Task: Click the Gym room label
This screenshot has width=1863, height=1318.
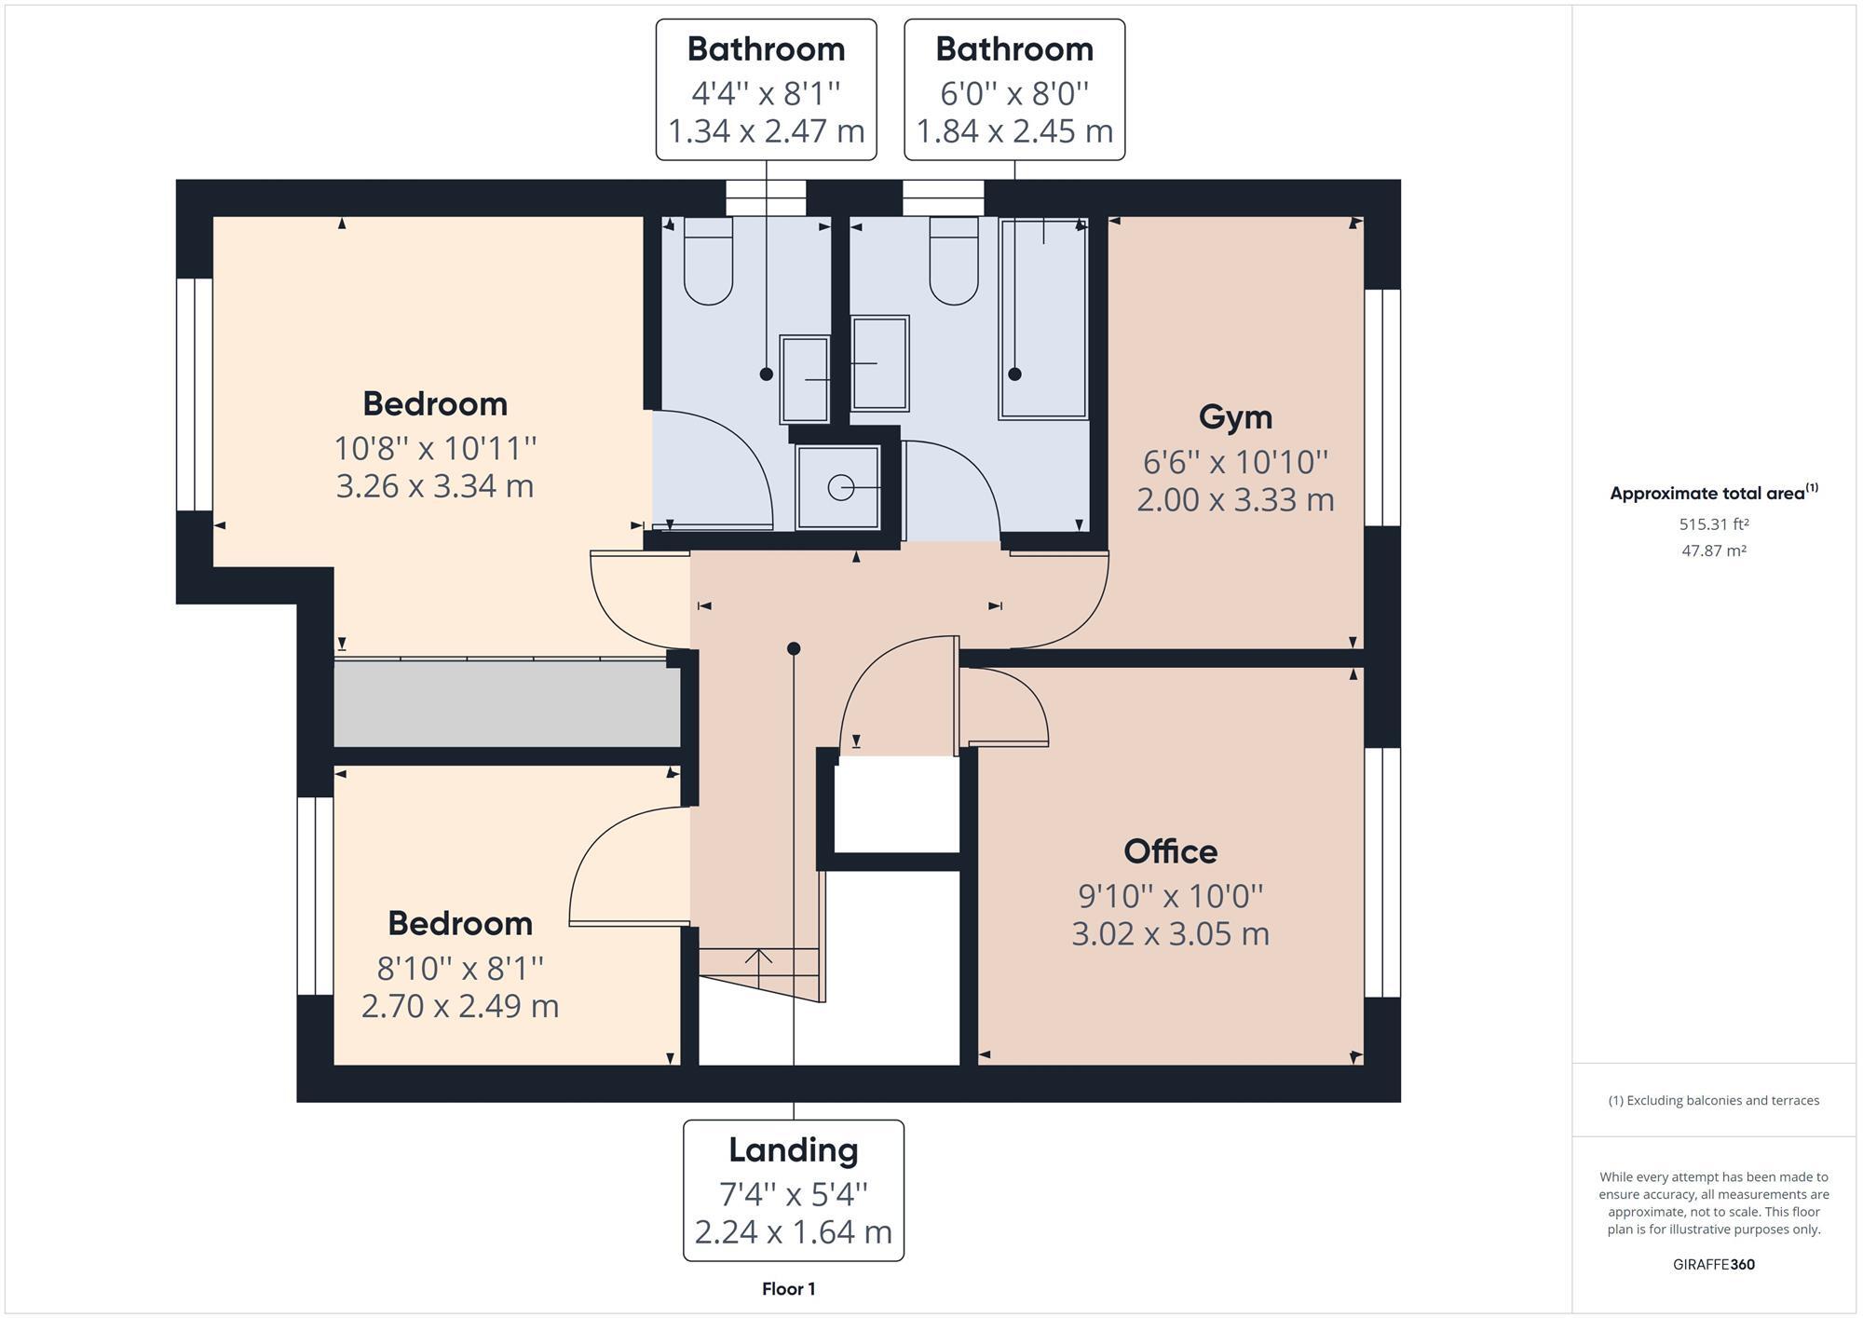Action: pyautogui.click(x=1235, y=416)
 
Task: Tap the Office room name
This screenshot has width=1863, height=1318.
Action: pyautogui.click(x=1170, y=851)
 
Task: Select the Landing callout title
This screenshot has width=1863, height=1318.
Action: pyautogui.click(x=793, y=1150)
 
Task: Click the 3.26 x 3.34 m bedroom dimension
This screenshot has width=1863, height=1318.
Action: pyautogui.click(x=434, y=486)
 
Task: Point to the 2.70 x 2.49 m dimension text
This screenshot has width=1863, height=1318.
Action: pyautogui.click(x=459, y=1006)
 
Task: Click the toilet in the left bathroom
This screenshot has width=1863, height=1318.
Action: pyautogui.click(x=708, y=261)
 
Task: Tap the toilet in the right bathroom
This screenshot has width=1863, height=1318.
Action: pyautogui.click(x=954, y=261)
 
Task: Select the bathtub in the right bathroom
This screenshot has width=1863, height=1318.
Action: pyautogui.click(x=1043, y=317)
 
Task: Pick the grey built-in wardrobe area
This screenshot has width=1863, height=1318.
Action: pyautogui.click(x=508, y=703)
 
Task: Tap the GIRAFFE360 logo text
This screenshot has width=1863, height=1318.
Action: pyautogui.click(x=1713, y=1264)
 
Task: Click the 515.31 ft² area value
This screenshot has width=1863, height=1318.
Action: pyautogui.click(x=1713, y=524)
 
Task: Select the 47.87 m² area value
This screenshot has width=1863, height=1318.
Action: pyautogui.click(x=1713, y=550)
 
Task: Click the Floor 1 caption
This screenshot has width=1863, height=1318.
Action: pyautogui.click(x=788, y=1289)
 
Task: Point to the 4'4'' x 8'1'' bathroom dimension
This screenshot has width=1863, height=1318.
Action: pyautogui.click(x=766, y=93)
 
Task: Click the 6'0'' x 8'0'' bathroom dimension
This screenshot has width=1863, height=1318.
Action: pyautogui.click(x=1014, y=93)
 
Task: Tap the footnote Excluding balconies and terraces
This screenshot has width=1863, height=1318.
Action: pyautogui.click(x=1713, y=1100)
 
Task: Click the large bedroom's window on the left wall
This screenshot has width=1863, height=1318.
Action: pyautogui.click(x=195, y=394)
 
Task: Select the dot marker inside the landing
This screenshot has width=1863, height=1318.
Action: pyautogui.click(x=794, y=648)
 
